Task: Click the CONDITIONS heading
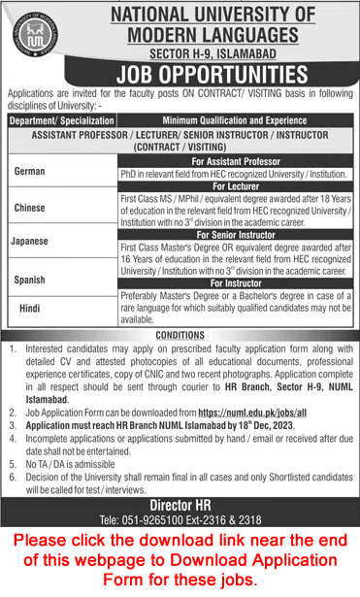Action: click(180, 336)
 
